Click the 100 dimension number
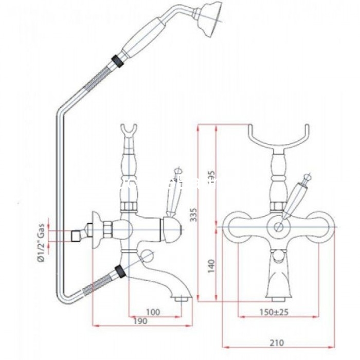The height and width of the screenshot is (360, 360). coord(153,312)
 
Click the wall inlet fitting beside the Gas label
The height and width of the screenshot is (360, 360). coord(81,234)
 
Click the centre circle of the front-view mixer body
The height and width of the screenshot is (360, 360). coord(279,227)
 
